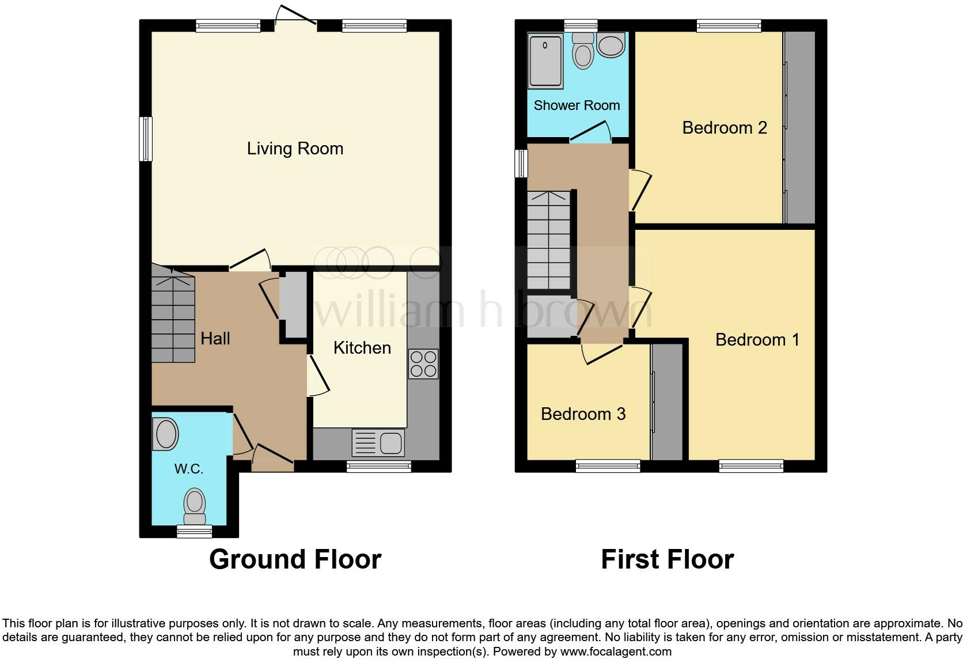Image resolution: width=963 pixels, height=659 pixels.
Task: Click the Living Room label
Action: click(x=295, y=149)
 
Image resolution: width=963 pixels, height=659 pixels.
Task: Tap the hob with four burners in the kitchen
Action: click(x=423, y=364)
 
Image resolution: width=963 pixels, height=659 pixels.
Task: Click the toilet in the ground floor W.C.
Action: click(x=195, y=505)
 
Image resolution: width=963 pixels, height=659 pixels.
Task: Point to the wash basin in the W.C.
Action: click(x=165, y=434)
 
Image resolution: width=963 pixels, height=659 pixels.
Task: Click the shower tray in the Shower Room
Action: click(x=545, y=62)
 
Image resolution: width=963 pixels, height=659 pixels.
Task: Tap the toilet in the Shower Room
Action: click(x=583, y=51)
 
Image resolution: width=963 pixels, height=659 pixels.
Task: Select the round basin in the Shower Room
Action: click(x=611, y=45)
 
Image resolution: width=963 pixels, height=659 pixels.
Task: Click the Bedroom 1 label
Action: click(x=757, y=340)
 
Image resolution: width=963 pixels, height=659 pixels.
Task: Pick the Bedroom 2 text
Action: click(x=725, y=128)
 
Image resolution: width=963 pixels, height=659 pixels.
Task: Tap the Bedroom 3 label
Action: click(x=583, y=414)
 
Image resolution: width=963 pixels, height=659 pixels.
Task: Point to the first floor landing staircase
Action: click(x=548, y=241)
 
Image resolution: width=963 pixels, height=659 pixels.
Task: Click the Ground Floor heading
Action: click(x=295, y=559)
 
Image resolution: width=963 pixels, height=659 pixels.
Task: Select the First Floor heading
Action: click(x=667, y=559)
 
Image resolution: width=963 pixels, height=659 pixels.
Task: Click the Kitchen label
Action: click(x=362, y=348)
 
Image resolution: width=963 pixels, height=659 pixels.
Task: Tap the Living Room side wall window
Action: click(x=146, y=139)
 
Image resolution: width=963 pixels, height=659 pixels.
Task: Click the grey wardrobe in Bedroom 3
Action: click(x=667, y=402)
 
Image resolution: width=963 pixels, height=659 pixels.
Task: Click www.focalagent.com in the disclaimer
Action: click(x=616, y=652)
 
